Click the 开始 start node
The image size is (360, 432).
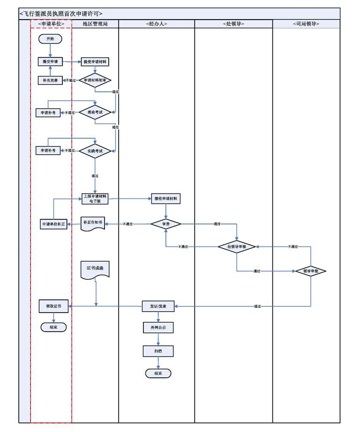coord(50,39)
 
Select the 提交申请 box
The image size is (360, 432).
coord(50,61)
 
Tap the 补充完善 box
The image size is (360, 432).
coord(50,80)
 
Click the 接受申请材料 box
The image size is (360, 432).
coord(95,61)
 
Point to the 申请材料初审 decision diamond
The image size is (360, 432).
coord(95,80)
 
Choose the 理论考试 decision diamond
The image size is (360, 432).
coord(95,112)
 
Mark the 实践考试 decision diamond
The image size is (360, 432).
coord(95,150)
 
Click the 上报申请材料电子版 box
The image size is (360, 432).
coord(95,198)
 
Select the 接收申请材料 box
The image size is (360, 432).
coord(166,199)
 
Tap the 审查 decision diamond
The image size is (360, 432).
coord(166,224)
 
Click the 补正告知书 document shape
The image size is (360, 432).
coord(92,223)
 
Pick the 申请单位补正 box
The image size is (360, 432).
coord(54,224)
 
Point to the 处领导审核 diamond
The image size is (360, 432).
coord(237,246)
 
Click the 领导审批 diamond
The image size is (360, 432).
coord(311,271)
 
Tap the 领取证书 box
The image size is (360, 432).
coord(54,306)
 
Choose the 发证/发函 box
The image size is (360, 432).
coord(158,306)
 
